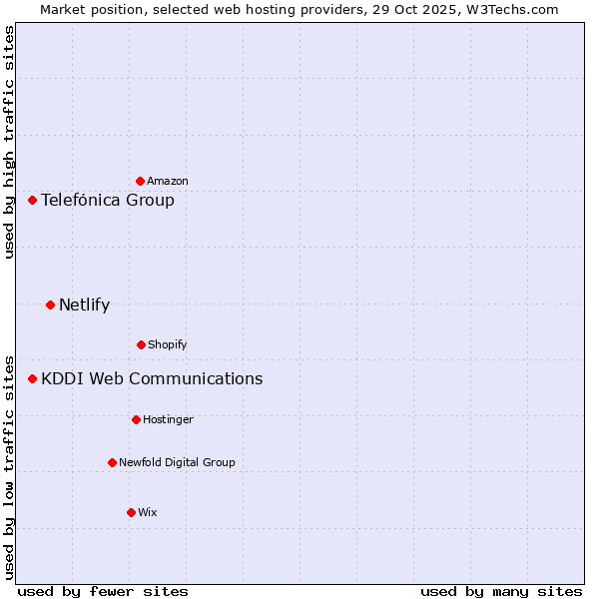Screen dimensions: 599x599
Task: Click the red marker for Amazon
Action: pos(140,181)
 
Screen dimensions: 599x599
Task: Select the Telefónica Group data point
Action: pos(32,200)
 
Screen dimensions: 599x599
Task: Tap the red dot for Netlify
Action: pos(50,304)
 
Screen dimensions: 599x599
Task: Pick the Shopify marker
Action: pos(141,344)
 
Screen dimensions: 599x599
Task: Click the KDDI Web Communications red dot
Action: pos(32,378)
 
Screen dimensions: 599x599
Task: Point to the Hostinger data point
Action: pos(136,419)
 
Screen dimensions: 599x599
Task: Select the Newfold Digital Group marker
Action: pos(112,462)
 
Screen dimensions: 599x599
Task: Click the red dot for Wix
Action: pos(131,512)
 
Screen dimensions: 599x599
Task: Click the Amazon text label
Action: pos(168,181)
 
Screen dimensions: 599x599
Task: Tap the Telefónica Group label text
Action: pos(108,200)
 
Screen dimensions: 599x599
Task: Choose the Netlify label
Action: pos(85,304)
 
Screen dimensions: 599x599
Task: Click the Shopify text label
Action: pos(168,344)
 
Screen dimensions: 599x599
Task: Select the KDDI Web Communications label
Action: pos(152,378)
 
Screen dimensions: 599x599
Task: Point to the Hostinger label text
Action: pos(168,419)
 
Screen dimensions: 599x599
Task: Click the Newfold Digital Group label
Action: pos(177,462)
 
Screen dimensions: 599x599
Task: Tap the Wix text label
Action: pos(148,512)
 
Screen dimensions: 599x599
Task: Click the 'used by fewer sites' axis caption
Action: pos(103,591)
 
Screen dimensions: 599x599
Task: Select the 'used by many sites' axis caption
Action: pos(501,591)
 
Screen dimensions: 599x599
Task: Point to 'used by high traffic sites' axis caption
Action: pos(9,142)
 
